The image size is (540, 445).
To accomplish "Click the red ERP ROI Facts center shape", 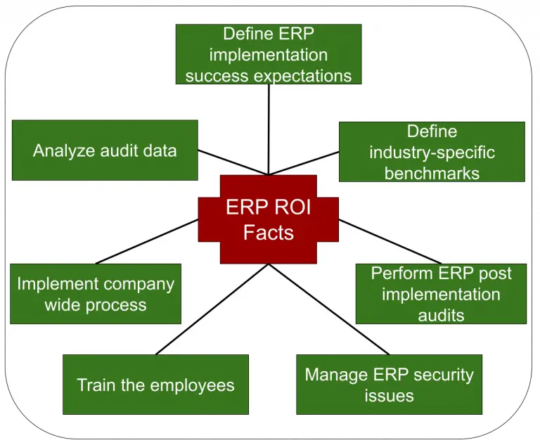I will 268,219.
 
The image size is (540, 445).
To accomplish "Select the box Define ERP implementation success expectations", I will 268,54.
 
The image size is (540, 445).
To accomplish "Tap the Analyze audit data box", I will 105,150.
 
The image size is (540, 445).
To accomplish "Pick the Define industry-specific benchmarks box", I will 432,152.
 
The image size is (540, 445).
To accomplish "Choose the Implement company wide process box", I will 96,294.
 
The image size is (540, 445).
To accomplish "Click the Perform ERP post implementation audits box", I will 441,294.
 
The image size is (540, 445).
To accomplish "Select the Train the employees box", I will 155,385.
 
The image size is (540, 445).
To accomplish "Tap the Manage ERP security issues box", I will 389,385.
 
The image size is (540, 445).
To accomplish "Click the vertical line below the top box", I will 269,127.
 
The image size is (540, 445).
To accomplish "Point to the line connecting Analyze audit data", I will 232,162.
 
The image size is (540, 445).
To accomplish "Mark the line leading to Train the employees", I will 211,309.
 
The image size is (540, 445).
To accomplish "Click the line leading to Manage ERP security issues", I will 323,309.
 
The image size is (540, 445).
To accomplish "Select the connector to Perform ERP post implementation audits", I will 394,243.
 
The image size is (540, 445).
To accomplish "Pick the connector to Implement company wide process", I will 148,241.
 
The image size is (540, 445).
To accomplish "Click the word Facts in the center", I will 269,232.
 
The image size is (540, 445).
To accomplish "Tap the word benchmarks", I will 432,172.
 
